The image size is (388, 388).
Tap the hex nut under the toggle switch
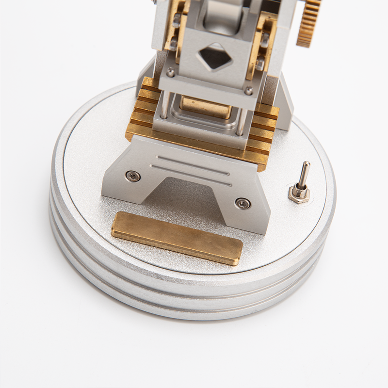pyautogui.click(x=299, y=194)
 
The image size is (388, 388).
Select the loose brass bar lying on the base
pyautogui.click(x=177, y=238)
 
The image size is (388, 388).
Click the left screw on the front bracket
pyautogui.click(x=131, y=176)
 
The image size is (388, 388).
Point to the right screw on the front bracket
pyautogui.click(x=241, y=203)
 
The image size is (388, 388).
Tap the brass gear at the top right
pyautogui.click(x=308, y=22)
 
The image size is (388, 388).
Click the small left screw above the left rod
pyautogui.click(x=170, y=73)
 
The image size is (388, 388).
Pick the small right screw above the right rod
pyautogui.click(x=248, y=91)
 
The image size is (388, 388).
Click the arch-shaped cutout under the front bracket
pyautogui.click(x=189, y=194)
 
